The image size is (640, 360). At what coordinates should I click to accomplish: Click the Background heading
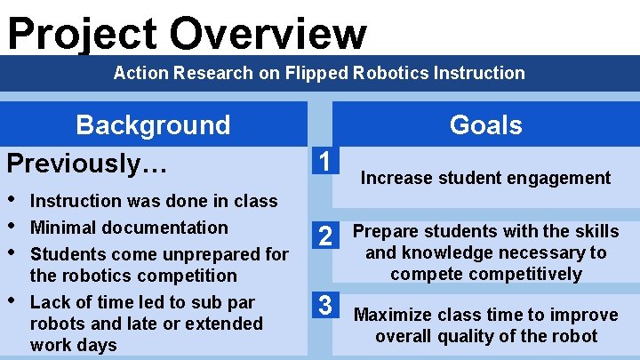point(153,124)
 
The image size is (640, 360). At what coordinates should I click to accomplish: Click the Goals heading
point(485,124)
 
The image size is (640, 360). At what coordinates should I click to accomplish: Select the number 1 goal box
point(326,162)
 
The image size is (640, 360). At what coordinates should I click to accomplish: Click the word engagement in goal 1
point(557,178)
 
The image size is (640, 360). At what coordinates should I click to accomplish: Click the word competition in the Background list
point(188,276)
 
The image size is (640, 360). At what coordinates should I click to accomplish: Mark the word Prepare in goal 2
point(384,231)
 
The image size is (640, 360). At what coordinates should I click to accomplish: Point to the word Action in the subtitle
point(138,73)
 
